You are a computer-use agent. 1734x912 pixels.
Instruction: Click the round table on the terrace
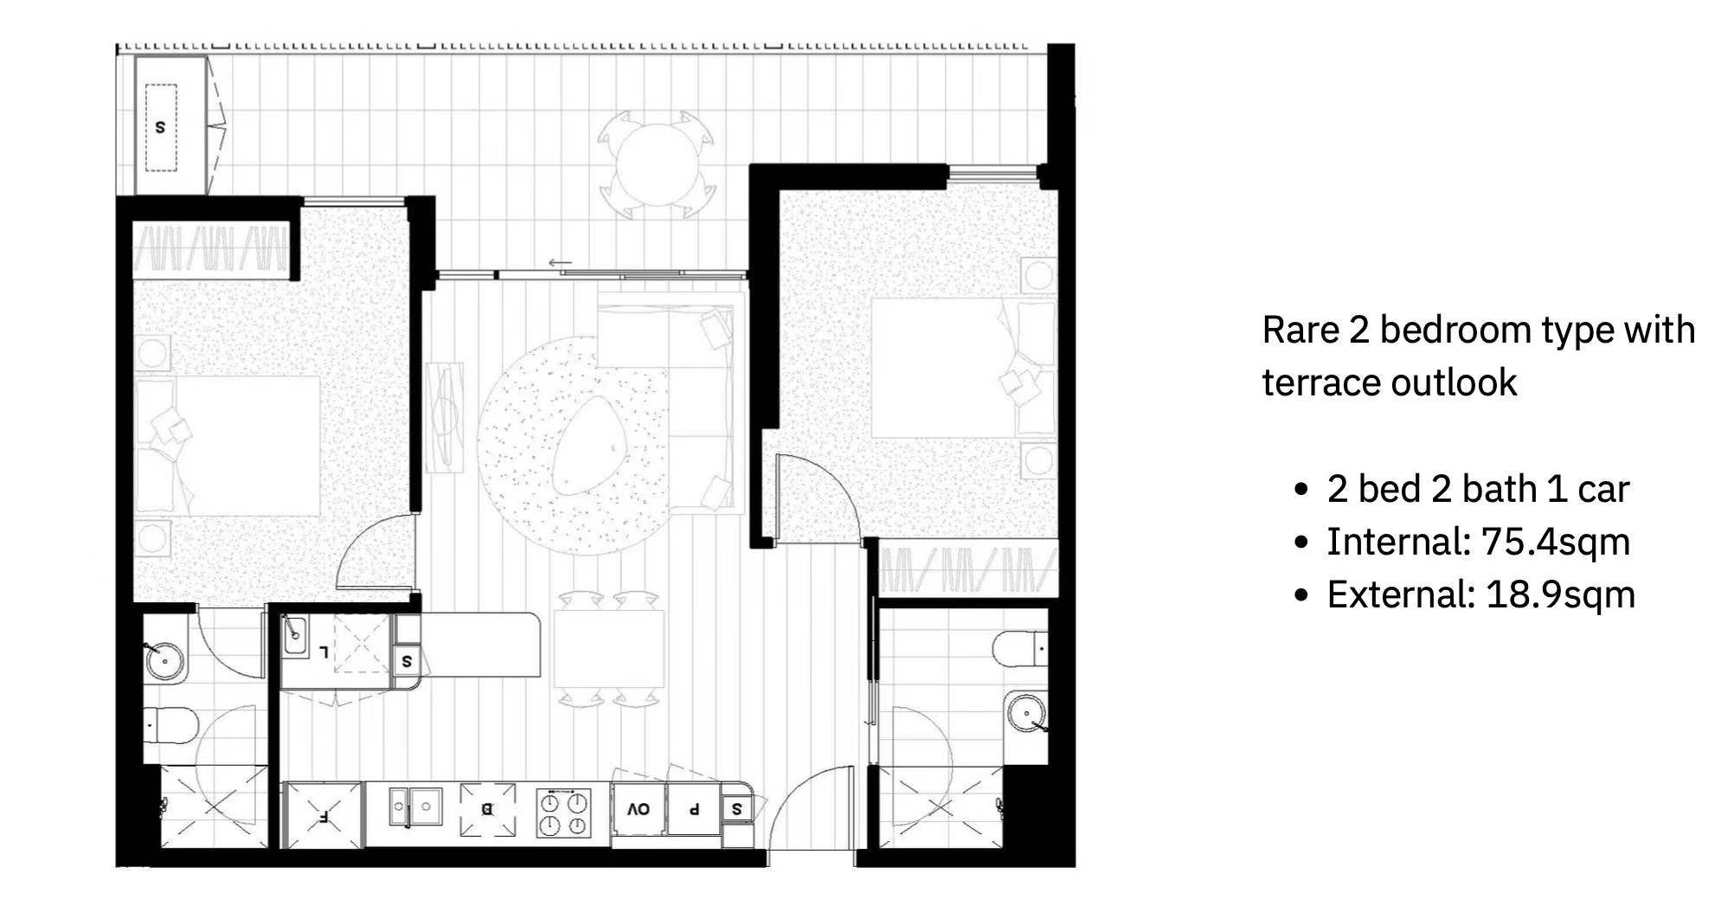pyautogui.click(x=658, y=164)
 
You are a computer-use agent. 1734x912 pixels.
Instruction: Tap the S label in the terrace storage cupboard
pyautogui.click(x=160, y=126)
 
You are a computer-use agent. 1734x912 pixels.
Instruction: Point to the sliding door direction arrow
pyautogui.click(x=560, y=262)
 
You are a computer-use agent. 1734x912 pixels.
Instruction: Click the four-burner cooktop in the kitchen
pyautogui.click(x=563, y=812)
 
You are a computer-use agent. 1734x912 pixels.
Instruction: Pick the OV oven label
pyautogui.click(x=639, y=809)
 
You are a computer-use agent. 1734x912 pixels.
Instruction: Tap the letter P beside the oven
pyautogui.click(x=693, y=810)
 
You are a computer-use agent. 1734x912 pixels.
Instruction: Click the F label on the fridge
pyautogui.click(x=323, y=814)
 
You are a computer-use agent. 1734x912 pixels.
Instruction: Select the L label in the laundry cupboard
pyautogui.click(x=324, y=651)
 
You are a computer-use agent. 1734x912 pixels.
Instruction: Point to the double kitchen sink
pyautogui.click(x=414, y=806)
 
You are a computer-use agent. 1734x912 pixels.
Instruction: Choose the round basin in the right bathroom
pyautogui.click(x=1026, y=714)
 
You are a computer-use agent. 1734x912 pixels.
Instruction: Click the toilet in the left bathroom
pyautogui.click(x=171, y=723)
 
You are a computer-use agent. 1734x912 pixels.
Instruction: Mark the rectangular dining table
pyautogui.click(x=608, y=649)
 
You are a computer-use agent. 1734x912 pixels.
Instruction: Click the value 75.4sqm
pyautogui.click(x=1555, y=543)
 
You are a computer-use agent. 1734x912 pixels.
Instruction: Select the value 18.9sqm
pyautogui.click(x=1560, y=595)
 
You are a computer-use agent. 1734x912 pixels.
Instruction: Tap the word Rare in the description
pyautogui.click(x=1300, y=330)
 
